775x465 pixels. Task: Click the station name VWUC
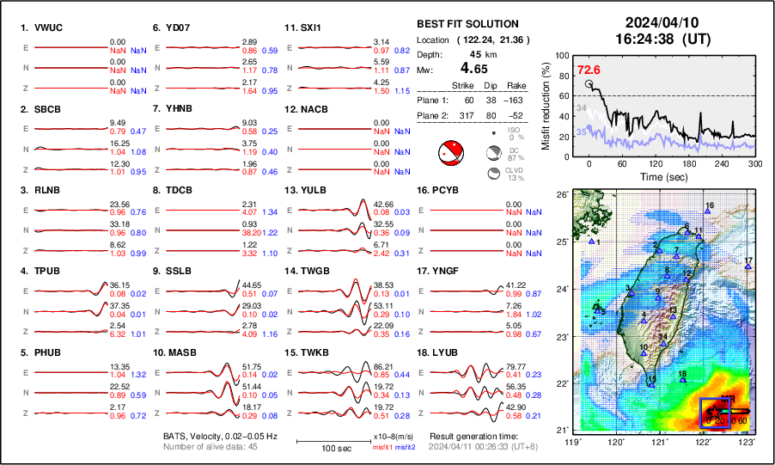[48, 28]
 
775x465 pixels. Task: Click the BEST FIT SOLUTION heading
[467, 24]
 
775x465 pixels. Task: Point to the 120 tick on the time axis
[656, 163]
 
